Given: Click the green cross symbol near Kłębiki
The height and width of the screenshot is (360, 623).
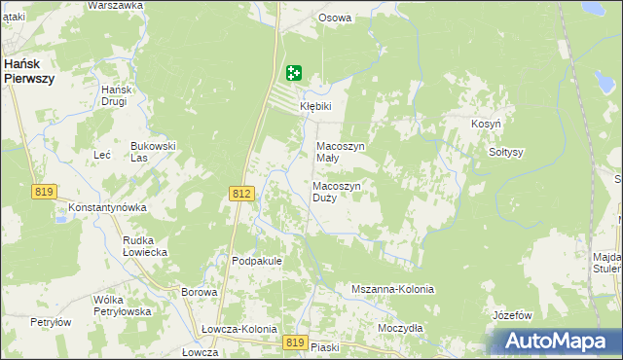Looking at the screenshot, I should (294, 73).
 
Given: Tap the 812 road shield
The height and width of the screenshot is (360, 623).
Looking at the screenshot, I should (243, 195).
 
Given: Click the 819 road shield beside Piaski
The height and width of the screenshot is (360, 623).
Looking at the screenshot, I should (297, 342).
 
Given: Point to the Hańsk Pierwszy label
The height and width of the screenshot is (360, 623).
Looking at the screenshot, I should (27, 70).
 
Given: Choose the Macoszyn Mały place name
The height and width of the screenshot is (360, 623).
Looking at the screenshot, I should (341, 153).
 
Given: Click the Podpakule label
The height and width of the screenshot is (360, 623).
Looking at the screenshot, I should (257, 261).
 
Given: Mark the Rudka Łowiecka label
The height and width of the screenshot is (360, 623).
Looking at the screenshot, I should (145, 245).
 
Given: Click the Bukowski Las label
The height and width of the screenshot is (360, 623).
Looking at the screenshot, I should (153, 152).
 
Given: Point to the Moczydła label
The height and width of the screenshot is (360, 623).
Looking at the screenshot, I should (400, 328).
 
